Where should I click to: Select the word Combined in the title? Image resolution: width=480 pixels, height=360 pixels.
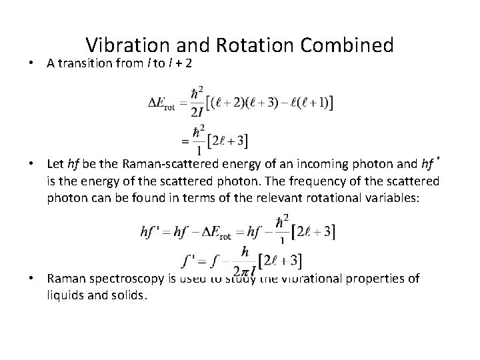click(347, 45)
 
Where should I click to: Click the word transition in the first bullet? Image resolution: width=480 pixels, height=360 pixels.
click(85, 64)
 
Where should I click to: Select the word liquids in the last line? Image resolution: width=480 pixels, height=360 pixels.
click(64, 295)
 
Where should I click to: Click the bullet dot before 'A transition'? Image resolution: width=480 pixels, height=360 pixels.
click(32, 65)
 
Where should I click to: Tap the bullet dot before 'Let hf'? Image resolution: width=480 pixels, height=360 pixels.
click(32, 164)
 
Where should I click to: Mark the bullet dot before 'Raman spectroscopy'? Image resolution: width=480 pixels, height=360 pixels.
click(32, 279)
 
